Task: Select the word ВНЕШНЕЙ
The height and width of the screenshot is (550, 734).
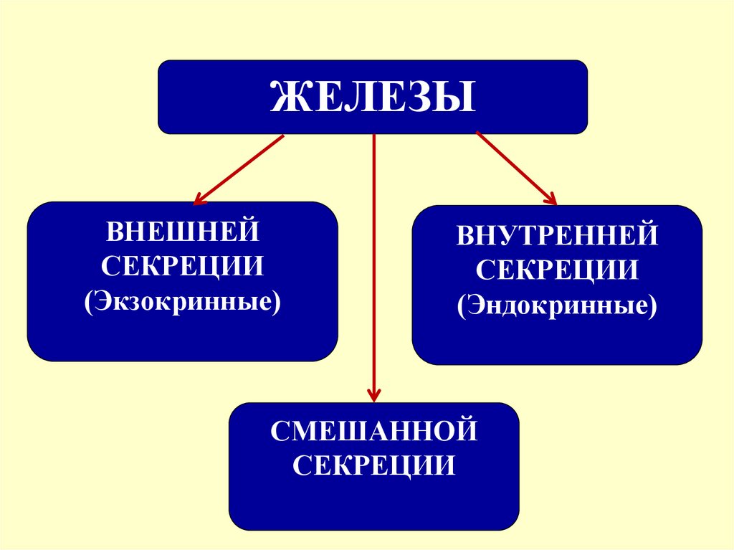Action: point(182,232)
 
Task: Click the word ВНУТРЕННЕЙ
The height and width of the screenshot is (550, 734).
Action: point(557,236)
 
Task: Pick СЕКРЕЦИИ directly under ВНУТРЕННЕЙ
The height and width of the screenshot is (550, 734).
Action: point(557,271)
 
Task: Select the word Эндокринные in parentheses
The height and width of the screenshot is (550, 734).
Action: point(557,306)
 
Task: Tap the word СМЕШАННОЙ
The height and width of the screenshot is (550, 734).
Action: point(374,432)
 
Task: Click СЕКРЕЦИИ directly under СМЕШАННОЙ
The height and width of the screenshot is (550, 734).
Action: point(374,467)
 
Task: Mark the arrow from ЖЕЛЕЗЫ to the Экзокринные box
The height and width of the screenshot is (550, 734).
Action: point(240,169)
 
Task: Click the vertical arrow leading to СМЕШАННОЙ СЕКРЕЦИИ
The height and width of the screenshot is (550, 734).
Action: point(373,265)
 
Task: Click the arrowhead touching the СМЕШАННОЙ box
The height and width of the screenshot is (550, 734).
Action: point(373,394)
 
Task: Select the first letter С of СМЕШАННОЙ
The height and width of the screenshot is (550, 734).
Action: point(280,432)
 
